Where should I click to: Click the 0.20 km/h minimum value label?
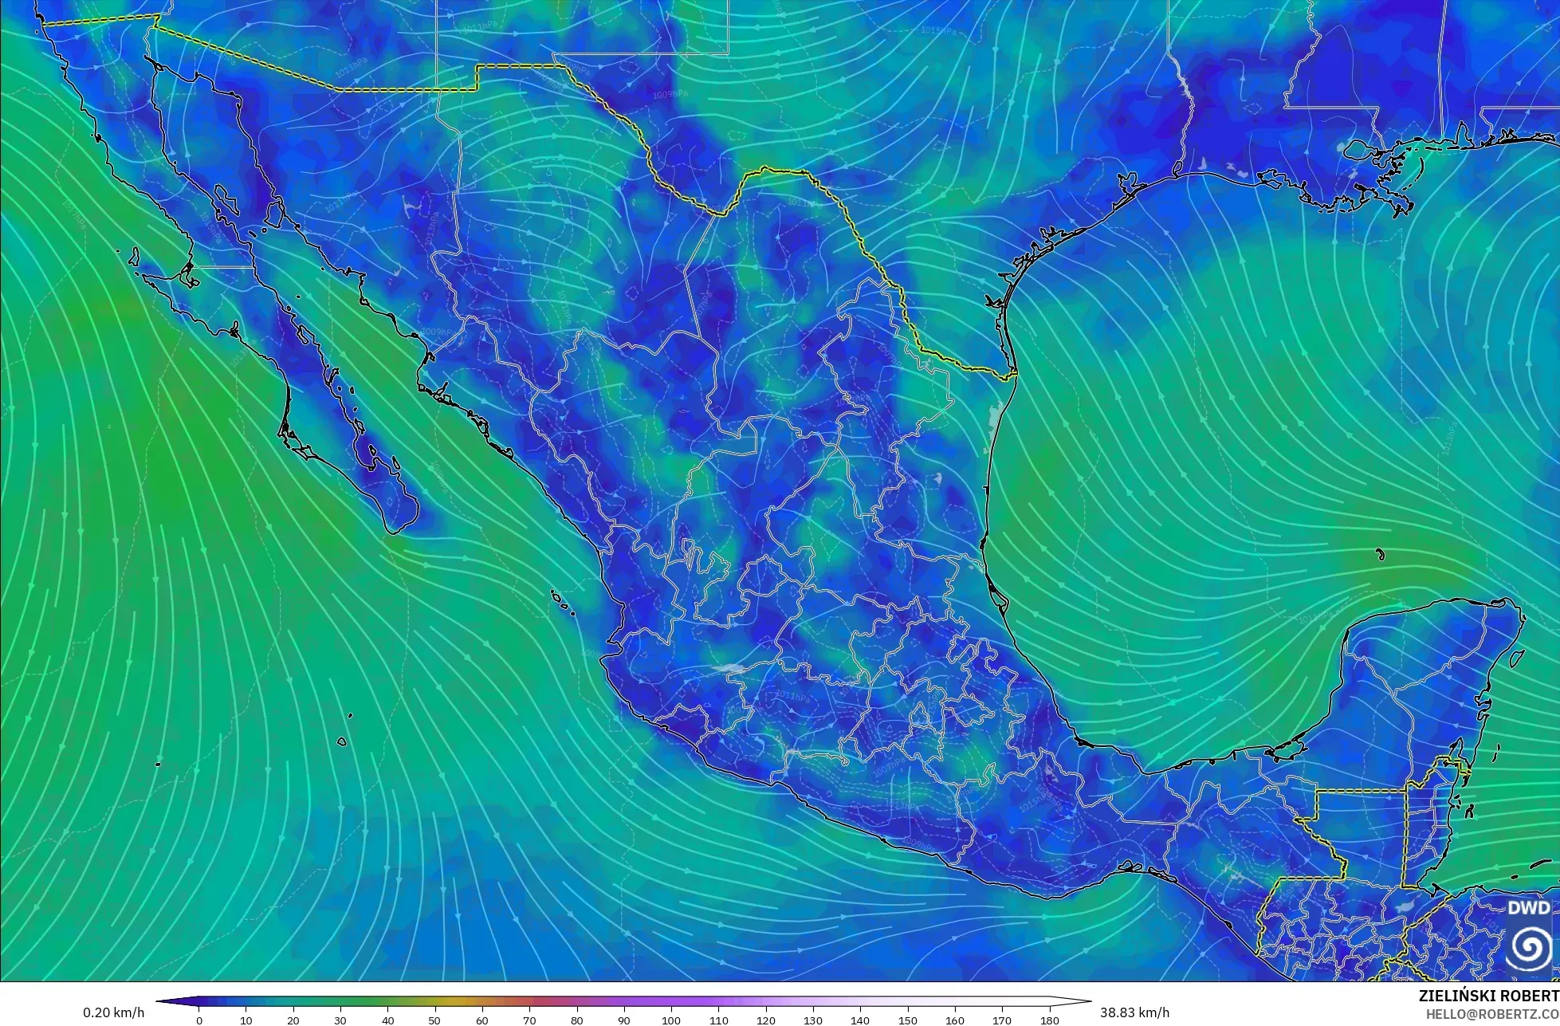pos(114,1012)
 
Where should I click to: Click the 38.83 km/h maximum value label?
pos(1135,1012)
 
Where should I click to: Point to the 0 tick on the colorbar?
pos(199,1020)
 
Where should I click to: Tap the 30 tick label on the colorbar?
pos(341,1020)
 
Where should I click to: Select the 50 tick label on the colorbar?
pos(435,1020)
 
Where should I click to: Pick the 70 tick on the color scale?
pos(530,1020)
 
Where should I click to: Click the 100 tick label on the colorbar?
pos(671,1020)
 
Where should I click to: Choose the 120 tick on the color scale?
pos(766,1020)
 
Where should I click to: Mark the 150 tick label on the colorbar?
pos(908,1020)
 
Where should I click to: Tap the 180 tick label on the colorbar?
pos(1050,1020)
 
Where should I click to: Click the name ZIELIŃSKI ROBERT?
pos(1489,997)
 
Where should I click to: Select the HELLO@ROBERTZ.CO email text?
pos(1492,1014)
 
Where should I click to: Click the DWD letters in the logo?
pos(1529,908)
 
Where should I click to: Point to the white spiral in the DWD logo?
pos(1529,947)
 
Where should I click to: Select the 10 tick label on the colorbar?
pos(246,1020)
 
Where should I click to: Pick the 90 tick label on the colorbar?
pos(624,1020)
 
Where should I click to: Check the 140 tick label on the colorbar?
pos(861,1020)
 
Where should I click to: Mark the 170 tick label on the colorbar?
pos(1003,1020)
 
